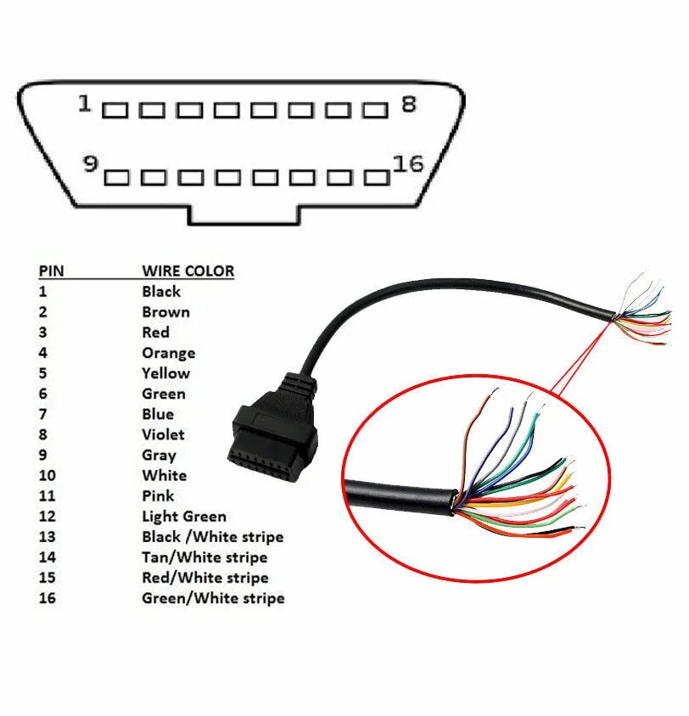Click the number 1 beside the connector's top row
point(84,104)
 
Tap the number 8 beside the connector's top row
point(408,104)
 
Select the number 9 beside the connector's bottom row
point(89,165)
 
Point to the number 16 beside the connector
point(408,165)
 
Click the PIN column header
point(51,271)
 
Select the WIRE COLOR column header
point(188,271)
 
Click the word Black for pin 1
point(161,292)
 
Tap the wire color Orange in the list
point(168,353)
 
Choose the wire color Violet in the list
point(163,435)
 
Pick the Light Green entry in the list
point(184,517)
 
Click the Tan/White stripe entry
point(204,557)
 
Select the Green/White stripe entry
point(213,599)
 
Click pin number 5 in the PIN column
point(42,373)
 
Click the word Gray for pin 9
point(160,456)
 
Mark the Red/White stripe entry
point(204,579)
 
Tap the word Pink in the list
point(158,496)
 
